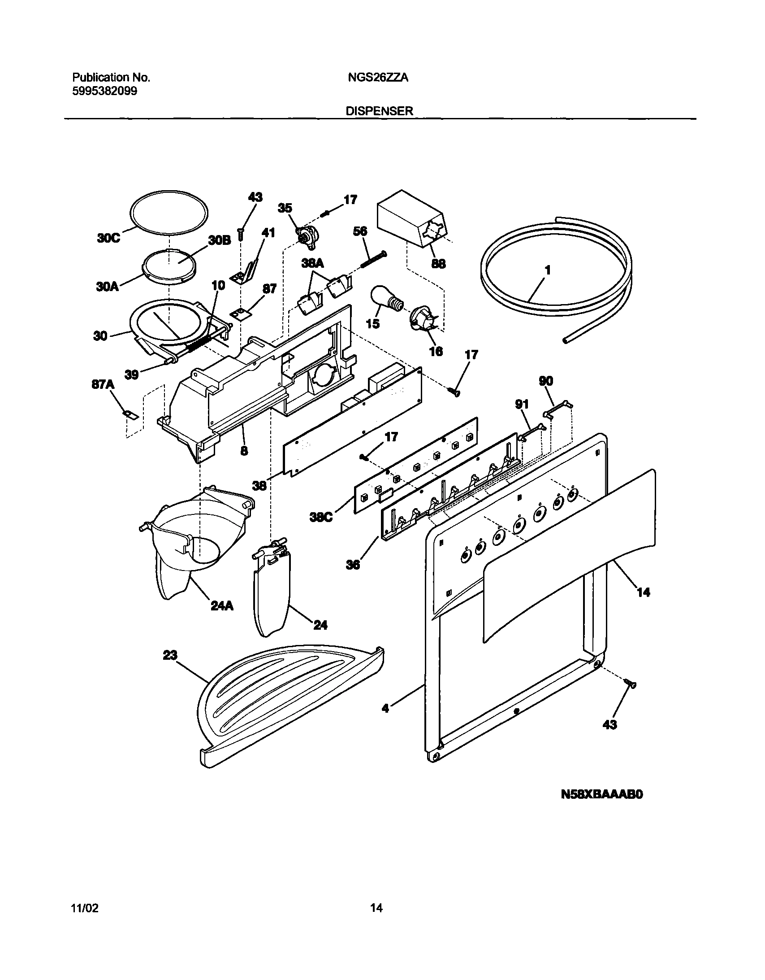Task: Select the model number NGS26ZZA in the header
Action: point(377,78)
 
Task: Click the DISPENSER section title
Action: point(379,111)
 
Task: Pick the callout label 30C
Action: point(108,238)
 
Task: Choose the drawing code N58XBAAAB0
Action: point(601,795)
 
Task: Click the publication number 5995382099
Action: point(104,91)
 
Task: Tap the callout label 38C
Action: point(321,518)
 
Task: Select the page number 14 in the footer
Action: point(376,908)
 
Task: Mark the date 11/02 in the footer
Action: point(85,908)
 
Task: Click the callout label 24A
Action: point(222,606)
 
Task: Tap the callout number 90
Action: point(546,381)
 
